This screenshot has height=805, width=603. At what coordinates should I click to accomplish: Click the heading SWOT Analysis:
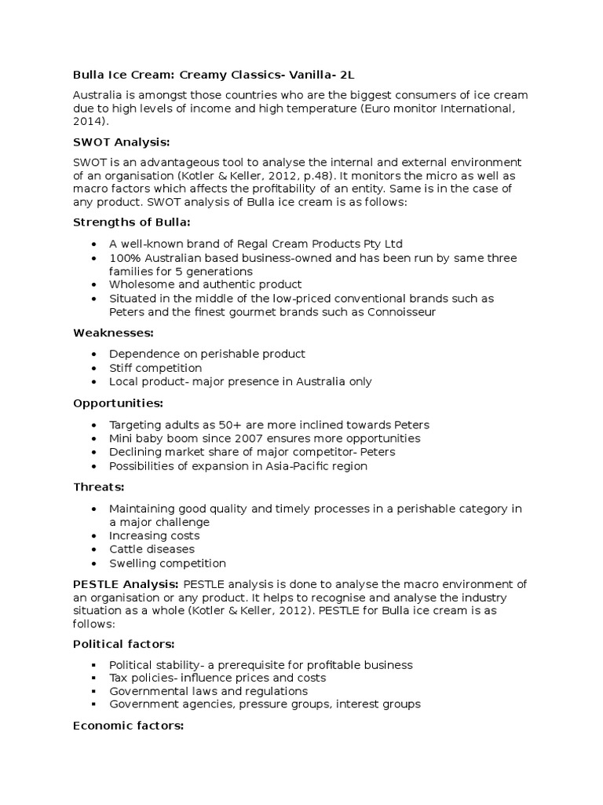(x=121, y=142)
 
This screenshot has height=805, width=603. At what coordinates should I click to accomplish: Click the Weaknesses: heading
(x=112, y=333)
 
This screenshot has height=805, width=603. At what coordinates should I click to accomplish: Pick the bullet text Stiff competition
(x=155, y=368)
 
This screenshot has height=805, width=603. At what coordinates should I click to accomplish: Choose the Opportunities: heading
(x=118, y=402)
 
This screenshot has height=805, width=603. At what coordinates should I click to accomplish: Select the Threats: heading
(x=97, y=486)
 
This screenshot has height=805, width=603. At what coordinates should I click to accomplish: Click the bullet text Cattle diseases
(x=152, y=549)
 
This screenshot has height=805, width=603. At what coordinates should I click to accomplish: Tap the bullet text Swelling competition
(x=167, y=563)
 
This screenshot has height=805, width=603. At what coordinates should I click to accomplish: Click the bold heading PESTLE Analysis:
(x=126, y=583)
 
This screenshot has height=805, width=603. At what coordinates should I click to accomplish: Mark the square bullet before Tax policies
(x=94, y=678)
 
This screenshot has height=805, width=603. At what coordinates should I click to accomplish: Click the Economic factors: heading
(x=128, y=726)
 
